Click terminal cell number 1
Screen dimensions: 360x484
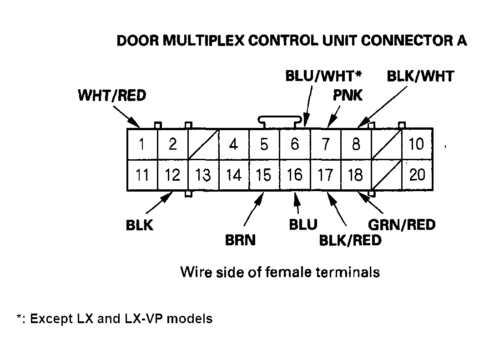click(x=142, y=144)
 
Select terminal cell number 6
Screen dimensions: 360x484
click(x=295, y=144)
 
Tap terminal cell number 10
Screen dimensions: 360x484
click(x=417, y=144)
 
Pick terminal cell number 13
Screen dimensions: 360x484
click(x=203, y=175)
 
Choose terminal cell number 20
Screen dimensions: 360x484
click(x=417, y=175)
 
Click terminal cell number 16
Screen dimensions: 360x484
click(x=295, y=175)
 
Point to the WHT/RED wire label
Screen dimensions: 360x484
click(x=112, y=96)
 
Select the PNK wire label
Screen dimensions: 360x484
click(x=348, y=96)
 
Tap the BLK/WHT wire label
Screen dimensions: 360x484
click(x=420, y=76)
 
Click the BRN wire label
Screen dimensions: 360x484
click(x=240, y=240)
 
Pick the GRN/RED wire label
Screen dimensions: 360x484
click(x=402, y=224)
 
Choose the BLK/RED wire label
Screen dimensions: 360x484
click(x=350, y=240)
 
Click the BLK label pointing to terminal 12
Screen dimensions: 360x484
click(x=140, y=225)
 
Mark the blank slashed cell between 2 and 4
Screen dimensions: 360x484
click(x=203, y=144)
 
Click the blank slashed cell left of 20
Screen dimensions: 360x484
click(x=387, y=175)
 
